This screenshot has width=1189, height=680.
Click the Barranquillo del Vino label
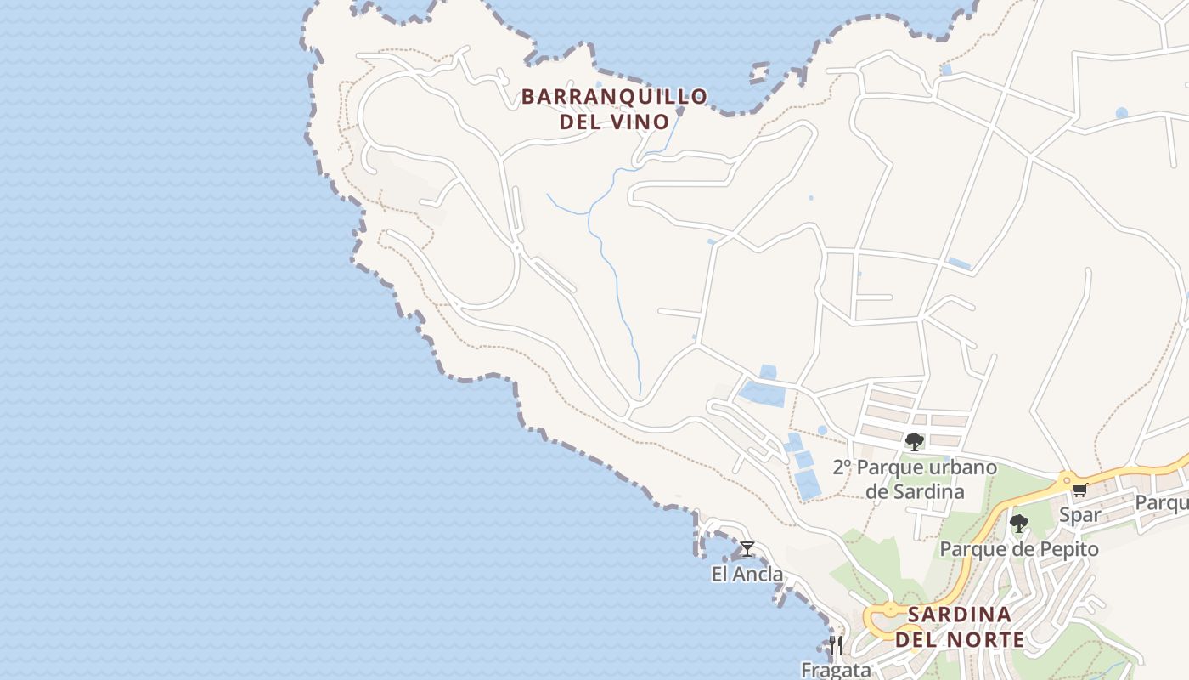(614, 109)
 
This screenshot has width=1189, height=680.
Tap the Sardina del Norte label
(959, 626)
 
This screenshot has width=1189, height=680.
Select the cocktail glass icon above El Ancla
(747, 549)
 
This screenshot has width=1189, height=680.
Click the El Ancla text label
(747, 575)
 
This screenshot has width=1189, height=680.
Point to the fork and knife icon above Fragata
(836, 644)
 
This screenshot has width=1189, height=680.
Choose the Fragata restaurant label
(836, 669)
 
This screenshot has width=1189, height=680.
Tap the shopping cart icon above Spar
(1079, 490)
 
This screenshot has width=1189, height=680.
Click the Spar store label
(1080, 514)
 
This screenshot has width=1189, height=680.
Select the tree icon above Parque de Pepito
(1018, 524)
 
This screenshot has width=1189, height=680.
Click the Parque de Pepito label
(1018, 549)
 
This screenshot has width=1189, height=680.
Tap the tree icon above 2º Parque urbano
(914, 442)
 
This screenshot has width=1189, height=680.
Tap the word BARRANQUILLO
(614, 97)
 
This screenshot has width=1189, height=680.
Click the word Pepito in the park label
(1068, 549)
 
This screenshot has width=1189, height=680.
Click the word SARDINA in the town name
(959, 615)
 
